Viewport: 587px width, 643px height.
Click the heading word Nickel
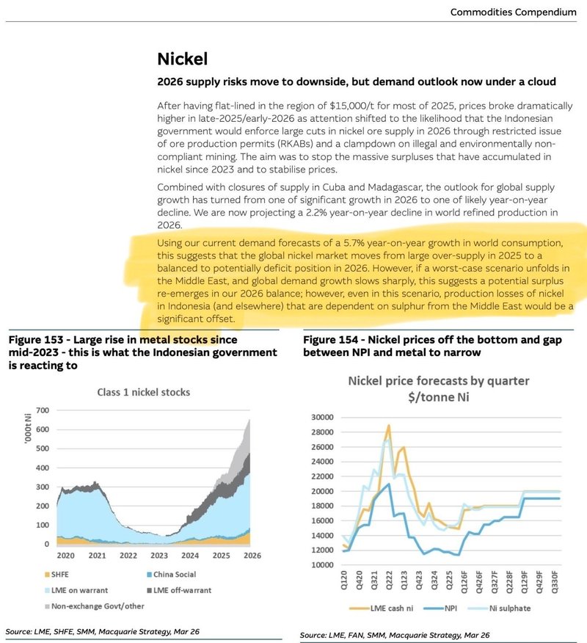tap(183, 59)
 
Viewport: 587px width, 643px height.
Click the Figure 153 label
tap(37, 340)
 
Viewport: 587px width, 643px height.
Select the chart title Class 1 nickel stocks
tap(144, 392)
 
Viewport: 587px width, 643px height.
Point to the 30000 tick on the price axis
tap(324, 417)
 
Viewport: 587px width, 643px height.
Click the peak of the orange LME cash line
tap(388, 425)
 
